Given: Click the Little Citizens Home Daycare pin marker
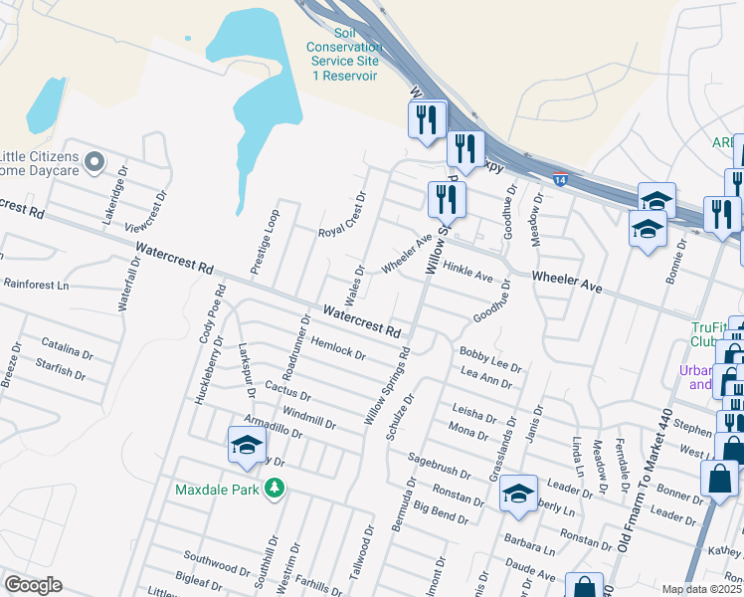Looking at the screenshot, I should (x=95, y=161).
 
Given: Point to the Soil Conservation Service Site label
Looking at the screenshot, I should (x=343, y=61).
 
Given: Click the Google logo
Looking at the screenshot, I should (x=33, y=585).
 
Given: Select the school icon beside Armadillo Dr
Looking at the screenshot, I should (x=247, y=445).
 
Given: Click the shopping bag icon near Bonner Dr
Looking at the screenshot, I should (x=719, y=478).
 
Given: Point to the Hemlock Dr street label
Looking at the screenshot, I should (x=339, y=347).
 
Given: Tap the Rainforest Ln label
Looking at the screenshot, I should (x=35, y=284).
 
